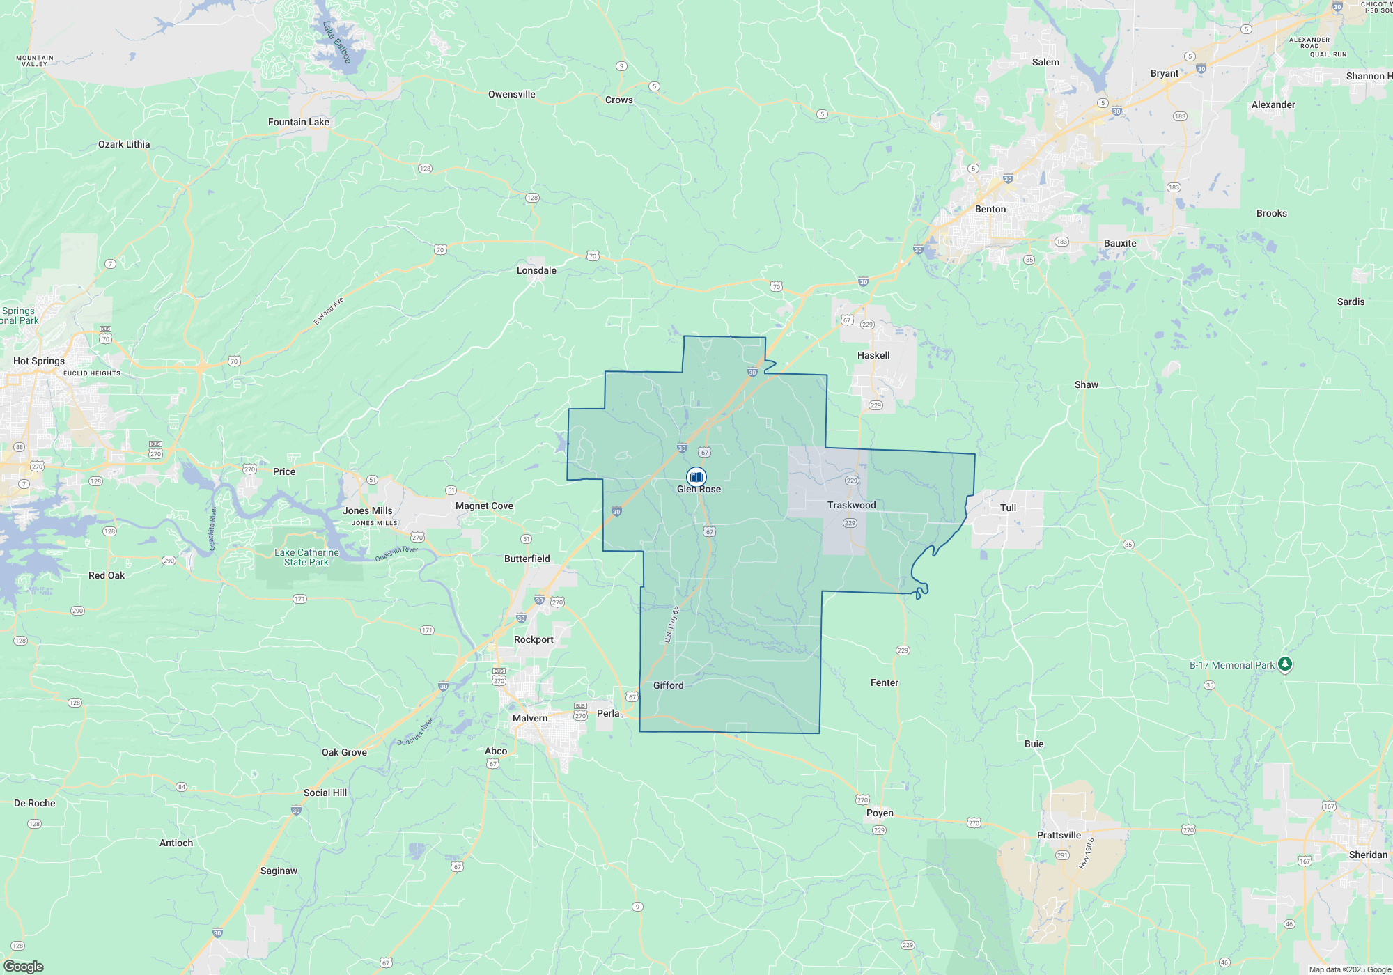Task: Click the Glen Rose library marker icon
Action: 696,477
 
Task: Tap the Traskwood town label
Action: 851,505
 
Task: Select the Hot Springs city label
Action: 39,361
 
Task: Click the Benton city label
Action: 990,209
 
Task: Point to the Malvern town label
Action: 530,718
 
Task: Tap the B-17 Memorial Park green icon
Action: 1285,664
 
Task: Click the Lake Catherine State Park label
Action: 306,557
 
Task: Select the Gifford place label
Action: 668,685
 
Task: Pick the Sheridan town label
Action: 1368,855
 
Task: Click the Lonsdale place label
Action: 536,270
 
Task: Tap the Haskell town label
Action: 873,355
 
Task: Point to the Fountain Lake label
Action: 298,122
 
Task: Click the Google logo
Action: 24,967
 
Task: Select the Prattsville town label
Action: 1059,835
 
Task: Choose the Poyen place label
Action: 880,813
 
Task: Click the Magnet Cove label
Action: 484,506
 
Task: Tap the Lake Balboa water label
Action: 337,42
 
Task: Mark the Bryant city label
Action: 1164,73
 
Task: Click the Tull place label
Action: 1008,508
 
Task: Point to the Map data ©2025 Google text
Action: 1349,969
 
